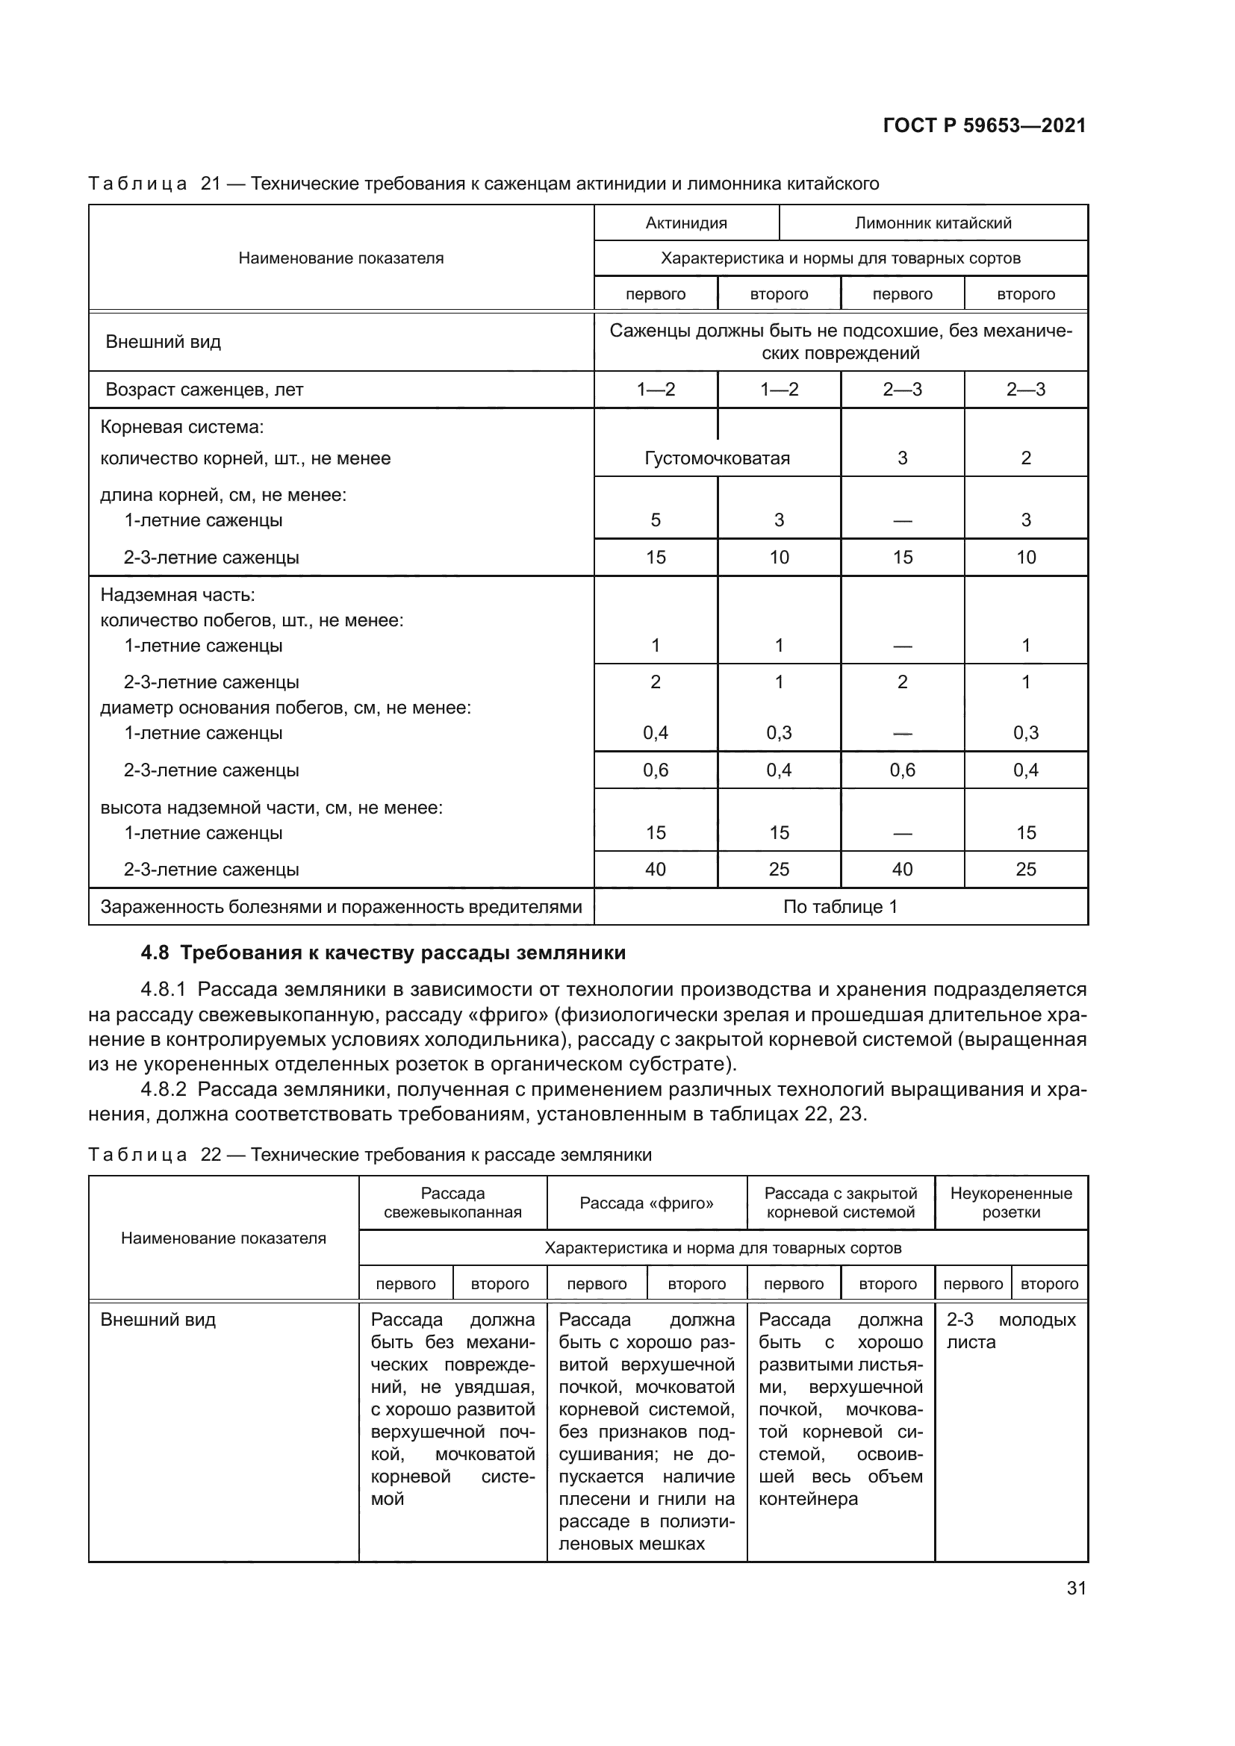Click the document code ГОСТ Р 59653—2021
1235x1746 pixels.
984,126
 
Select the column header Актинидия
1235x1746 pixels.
686,222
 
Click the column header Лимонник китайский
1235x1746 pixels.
933,222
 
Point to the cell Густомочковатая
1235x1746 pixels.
716,458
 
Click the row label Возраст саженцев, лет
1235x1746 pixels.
205,390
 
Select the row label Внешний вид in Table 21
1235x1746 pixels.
164,342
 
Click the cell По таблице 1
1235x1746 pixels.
840,906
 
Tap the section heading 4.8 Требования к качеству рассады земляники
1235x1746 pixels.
383,952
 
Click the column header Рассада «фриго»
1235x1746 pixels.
647,1203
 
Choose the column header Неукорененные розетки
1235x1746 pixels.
1011,1203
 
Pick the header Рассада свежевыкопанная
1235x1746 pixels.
452,1203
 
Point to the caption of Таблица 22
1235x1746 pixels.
370,1154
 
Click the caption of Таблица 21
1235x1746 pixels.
484,184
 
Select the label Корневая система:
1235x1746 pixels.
182,428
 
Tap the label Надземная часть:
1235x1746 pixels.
178,595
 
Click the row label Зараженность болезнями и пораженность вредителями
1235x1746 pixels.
341,906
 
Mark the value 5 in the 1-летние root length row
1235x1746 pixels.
656,520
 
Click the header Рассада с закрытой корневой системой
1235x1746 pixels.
840,1203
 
